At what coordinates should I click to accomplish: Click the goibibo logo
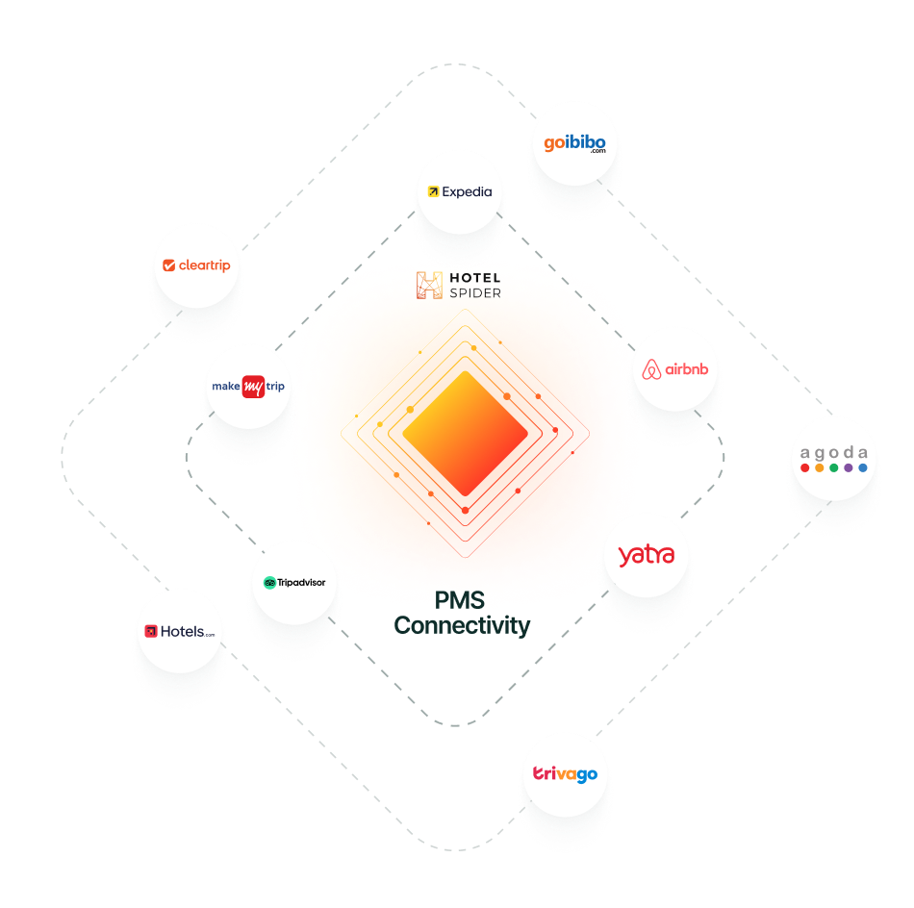(574, 143)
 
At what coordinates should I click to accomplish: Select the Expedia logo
(460, 191)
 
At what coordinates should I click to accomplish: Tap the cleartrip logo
(196, 265)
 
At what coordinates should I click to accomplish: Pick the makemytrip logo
(248, 387)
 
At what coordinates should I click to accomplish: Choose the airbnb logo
(675, 369)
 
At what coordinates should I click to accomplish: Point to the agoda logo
(833, 459)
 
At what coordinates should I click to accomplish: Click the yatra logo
(647, 555)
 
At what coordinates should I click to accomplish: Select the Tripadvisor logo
(294, 582)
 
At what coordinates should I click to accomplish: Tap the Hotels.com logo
(180, 631)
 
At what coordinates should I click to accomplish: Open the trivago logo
(566, 774)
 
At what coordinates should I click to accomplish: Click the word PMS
(459, 600)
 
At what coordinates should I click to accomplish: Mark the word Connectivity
(462, 625)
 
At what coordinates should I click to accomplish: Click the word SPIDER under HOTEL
(475, 293)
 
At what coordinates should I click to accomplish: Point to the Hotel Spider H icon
(430, 286)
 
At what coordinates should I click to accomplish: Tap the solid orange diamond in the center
(465, 434)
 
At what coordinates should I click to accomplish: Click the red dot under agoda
(805, 468)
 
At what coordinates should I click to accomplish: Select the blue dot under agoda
(863, 468)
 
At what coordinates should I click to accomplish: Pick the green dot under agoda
(833, 468)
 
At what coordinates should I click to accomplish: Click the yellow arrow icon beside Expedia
(433, 191)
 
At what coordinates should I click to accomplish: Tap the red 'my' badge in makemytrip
(254, 387)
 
